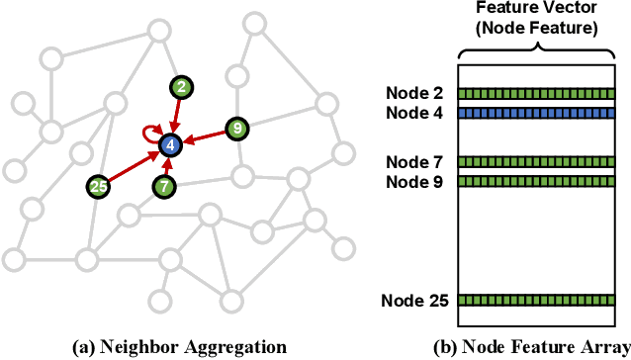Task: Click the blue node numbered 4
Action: [171, 144]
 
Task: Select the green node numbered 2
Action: [179, 87]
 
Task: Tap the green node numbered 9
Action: [235, 128]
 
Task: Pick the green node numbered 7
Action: [165, 185]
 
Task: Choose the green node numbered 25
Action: [98, 185]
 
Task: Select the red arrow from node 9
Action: [204, 136]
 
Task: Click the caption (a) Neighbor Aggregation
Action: [179, 346]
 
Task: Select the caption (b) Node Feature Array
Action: [530, 346]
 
